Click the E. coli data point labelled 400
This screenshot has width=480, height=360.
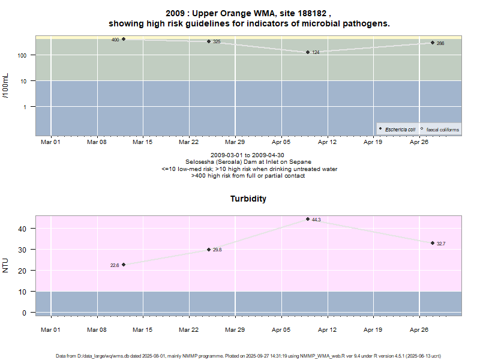click(124, 39)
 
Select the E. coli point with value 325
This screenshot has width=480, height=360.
click(209, 41)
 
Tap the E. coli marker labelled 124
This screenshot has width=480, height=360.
click(308, 52)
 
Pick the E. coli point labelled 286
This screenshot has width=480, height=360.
click(433, 43)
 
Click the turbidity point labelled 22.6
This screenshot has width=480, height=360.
click(124, 265)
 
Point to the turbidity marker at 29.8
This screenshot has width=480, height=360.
click(209, 250)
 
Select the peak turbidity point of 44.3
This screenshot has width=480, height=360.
click(308, 219)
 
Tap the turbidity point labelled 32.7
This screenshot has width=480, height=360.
click(433, 243)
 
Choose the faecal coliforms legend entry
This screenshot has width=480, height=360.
click(440, 129)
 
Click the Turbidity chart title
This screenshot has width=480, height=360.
click(248, 199)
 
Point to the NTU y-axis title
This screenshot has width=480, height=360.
click(6, 265)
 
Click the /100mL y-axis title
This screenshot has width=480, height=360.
click(6, 87)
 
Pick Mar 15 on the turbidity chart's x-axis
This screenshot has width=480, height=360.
click(142, 329)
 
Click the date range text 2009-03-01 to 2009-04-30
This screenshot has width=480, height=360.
click(248, 155)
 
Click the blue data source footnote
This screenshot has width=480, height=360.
click(248, 356)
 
